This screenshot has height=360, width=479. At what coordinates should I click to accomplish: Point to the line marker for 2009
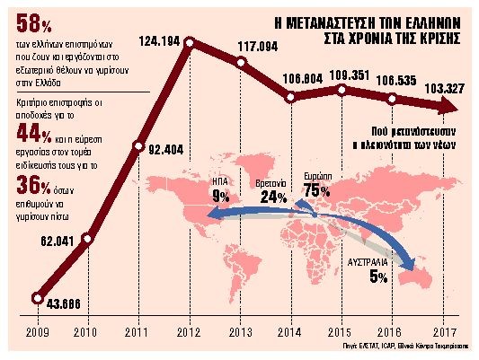(x=37, y=298)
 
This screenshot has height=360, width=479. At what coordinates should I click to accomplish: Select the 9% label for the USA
(x=220, y=197)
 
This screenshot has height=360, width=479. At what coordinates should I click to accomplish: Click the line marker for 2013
(x=241, y=62)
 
